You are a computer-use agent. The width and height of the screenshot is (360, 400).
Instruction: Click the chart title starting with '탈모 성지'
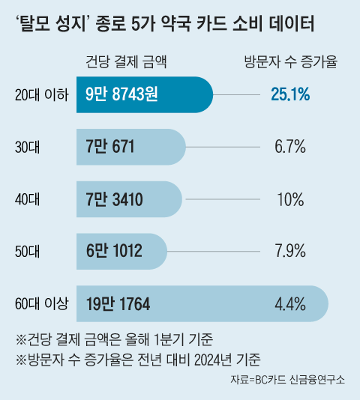pyautogui.click(x=164, y=24)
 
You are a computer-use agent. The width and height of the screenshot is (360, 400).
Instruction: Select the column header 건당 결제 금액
pyautogui.click(x=127, y=63)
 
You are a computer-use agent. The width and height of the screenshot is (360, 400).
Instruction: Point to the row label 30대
pyautogui.click(x=29, y=147)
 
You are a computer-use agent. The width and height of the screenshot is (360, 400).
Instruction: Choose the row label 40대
pyautogui.click(x=29, y=199)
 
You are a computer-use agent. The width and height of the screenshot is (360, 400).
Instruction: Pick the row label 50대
pyautogui.click(x=29, y=251)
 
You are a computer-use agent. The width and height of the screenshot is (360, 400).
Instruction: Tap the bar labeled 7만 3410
pyautogui.click(x=129, y=199)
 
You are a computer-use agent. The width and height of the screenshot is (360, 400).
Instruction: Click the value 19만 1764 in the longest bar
pyautogui.click(x=118, y=303)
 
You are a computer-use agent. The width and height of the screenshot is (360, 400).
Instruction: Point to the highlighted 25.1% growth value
pyautogui.click(x=290, y=95)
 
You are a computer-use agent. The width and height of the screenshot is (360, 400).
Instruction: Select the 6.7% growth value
pyautogui.click(x=290, y=147)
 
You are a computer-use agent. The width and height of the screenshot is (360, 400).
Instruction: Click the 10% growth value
pyautogui.click(x=290, y=199)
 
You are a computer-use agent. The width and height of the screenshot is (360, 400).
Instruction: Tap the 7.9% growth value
pyautogui.click(x=290, y=251)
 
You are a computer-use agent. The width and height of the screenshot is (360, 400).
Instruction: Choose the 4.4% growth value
pyautogui.click(x=290, y=303)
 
